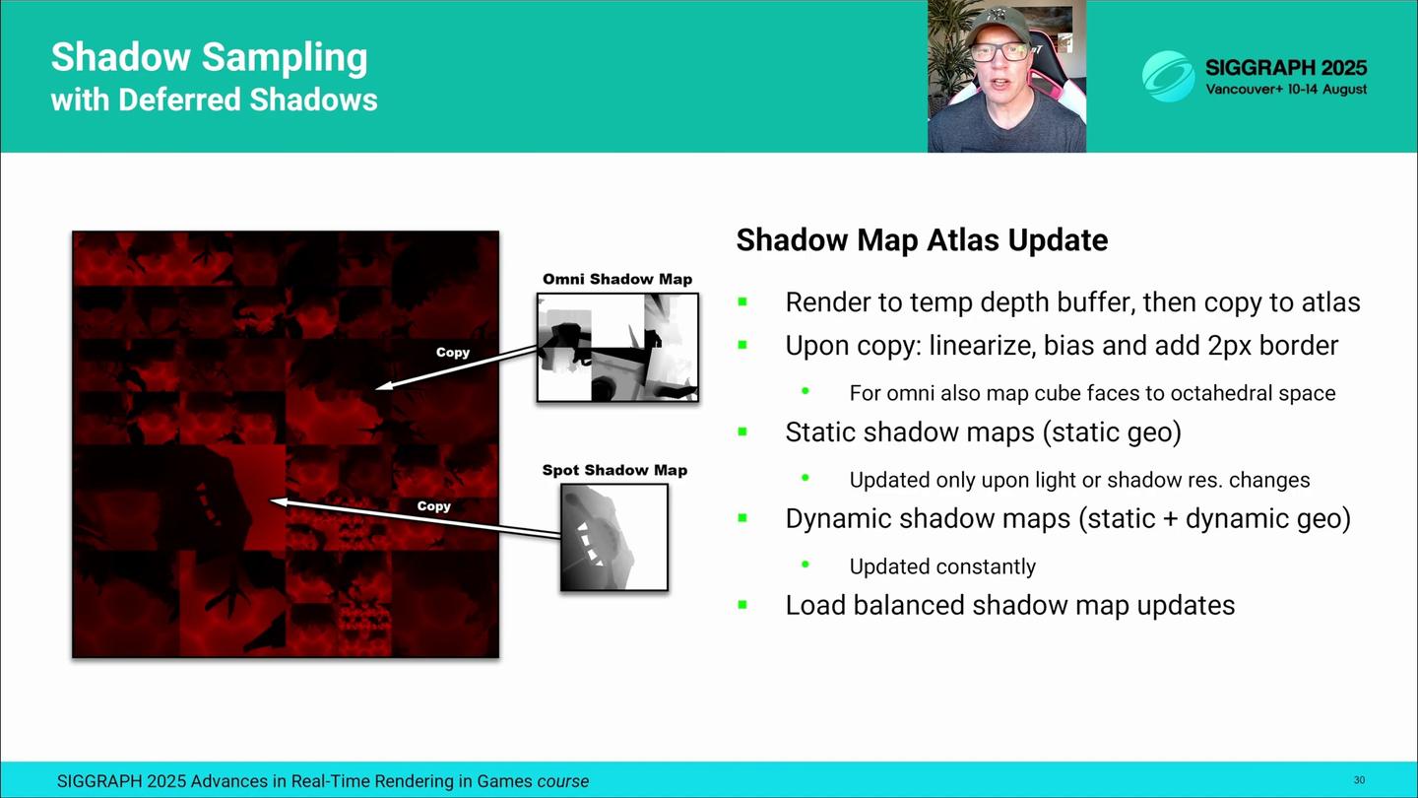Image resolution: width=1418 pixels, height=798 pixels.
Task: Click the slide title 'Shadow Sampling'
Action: tap(209, 58)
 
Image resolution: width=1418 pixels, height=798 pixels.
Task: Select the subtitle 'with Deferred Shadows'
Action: tap(214, 100)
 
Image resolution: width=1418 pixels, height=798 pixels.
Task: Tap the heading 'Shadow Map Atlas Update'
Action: tap(922, 240)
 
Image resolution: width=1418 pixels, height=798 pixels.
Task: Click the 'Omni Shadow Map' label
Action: tap(617, 280)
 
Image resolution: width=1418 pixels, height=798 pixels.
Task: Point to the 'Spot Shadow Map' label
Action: tap(614, 470)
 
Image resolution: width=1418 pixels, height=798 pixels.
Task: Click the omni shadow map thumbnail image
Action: tap(617, 347)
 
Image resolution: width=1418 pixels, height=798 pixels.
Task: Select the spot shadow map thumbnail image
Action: tap(614, 538)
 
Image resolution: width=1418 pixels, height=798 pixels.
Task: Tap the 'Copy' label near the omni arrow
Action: tap(453, 352)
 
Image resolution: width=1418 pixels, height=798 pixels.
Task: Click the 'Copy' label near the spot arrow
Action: tap(433, 506)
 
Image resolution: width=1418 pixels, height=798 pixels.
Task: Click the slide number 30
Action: tap(1359, 780)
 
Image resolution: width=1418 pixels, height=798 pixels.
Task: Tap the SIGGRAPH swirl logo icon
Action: tap(1168, 76)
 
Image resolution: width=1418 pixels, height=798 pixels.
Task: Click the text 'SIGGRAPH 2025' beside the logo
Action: tap(1286, 68)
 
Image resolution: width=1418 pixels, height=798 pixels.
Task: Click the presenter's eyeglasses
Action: tap(1000, 51)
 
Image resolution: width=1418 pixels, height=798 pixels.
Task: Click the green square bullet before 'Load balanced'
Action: tap(742, 605)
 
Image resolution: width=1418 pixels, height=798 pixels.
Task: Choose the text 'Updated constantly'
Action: tap(942, 566)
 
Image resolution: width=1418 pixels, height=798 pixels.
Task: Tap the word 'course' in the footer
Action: tap(563, 781)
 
